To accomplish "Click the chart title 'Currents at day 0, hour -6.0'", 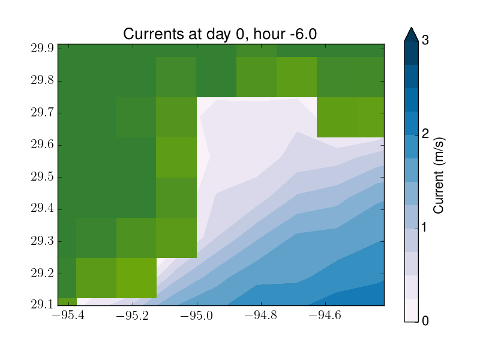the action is pos(220,34).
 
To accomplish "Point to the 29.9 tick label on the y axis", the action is pos(42,49).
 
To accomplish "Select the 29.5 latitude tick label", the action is pos(42,176).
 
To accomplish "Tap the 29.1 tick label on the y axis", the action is pos(42,304).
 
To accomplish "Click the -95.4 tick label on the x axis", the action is pos(68,315).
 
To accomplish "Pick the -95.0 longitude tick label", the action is pos(197,315).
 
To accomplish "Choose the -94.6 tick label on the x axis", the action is pos(325,315).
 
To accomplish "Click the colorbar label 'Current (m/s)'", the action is pos(439,175).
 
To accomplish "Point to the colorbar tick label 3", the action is pos(425,40).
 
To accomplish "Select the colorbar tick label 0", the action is pos(425,321).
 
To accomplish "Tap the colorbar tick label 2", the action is pos(425,134).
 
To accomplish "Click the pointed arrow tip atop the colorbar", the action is pos(411,27).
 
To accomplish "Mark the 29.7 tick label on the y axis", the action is pos(42,113).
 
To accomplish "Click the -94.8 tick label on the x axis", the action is pos(261,315).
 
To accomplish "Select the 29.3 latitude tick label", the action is pos(42,241).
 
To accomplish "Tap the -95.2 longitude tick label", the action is pos(133,315).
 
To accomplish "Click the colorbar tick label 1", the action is pos(425,227).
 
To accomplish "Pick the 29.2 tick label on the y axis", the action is pos(42,273).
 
